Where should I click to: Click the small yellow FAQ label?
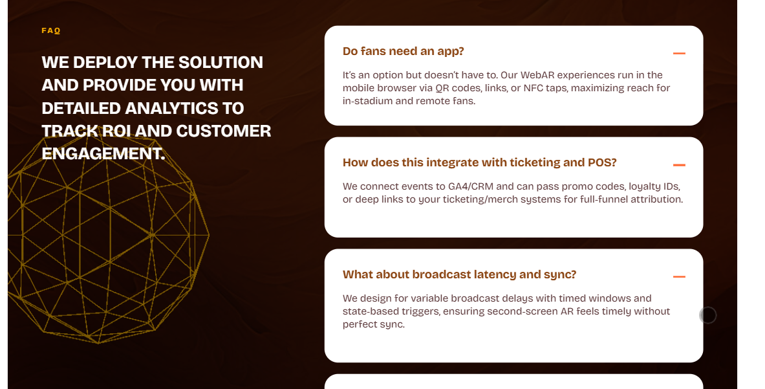point(50,31)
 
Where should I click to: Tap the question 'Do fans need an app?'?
point(403,51)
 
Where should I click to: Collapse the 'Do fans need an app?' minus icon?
point(679,53)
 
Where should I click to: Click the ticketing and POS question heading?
point(480,162)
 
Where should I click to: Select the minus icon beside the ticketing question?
point(679,165)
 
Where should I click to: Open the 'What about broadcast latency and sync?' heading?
point(459,274)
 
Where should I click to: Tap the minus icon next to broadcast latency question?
point(679,277)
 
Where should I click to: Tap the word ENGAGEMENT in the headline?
point(103,154)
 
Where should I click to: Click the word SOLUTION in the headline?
point(221,63)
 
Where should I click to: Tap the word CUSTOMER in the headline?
point(224,131)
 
